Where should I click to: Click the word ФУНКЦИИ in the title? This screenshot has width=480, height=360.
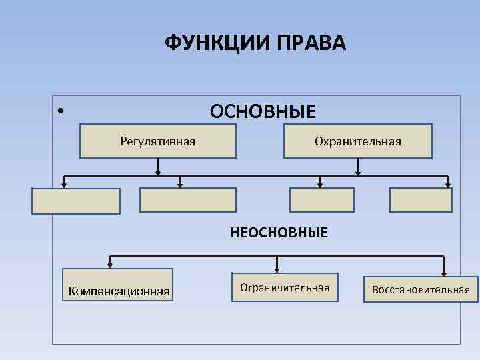209,43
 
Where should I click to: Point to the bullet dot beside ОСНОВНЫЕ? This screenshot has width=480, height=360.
60,111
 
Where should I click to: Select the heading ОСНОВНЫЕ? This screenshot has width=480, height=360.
263,111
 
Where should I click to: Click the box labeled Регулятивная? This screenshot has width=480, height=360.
158,141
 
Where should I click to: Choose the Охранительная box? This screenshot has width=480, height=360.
358,141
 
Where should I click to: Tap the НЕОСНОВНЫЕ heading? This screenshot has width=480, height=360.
279,233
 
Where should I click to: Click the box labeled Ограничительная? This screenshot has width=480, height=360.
285,287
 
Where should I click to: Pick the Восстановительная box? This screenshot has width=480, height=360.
421,289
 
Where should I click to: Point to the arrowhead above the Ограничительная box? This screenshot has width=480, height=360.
277,269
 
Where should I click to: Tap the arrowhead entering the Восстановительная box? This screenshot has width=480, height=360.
445,272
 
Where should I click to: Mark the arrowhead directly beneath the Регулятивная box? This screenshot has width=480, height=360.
158,172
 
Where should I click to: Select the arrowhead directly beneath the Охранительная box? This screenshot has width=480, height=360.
358,172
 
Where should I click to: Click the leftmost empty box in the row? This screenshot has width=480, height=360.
76,201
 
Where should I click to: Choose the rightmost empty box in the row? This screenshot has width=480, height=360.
421,200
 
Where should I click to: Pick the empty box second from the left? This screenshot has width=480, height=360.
187,200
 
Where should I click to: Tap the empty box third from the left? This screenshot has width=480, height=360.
321,200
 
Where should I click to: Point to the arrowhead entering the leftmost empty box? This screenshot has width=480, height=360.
65,185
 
